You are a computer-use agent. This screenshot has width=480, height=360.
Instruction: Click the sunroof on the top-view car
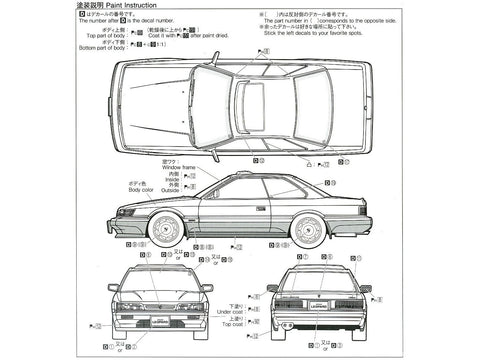click(253, 101)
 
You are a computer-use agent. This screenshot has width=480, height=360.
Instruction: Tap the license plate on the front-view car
click(159, 320)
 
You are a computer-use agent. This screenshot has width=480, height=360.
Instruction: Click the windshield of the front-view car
click(160, 274)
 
